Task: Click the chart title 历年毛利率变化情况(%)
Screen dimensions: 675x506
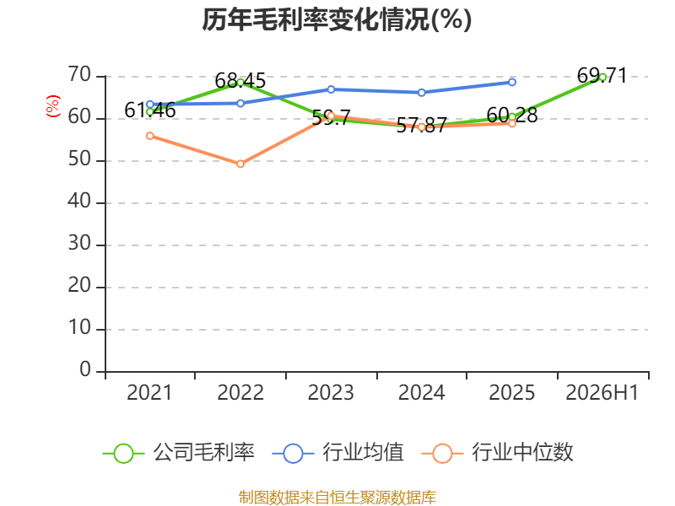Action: pos(337,19)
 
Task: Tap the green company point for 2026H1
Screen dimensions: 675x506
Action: pos(602,78)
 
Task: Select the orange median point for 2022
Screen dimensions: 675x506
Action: pos(240,164)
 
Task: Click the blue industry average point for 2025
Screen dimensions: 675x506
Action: pos(512,82)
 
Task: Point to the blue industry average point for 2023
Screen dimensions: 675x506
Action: pos(331,89)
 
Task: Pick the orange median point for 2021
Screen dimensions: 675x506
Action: pos(150,136)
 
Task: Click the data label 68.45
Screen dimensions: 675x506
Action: pos(240,81)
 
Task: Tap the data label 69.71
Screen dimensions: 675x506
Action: pos(602,76)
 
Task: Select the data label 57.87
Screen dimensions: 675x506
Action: pos(421,125)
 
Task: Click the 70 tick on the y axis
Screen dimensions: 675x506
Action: pos(79,75)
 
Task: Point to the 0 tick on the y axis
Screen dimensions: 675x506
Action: pos(85,369)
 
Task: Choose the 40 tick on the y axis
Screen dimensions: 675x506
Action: pos(79,202)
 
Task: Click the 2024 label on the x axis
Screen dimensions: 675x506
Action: pos(421,392)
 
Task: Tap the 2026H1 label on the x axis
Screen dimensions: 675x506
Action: pos(602,392)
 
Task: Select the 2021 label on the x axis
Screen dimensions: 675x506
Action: pos(149,392)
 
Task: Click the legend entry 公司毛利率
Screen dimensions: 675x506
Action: pos(179,453)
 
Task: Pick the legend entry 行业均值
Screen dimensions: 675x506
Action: pos(338,453)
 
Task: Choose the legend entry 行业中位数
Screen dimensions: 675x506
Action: pos(498,453)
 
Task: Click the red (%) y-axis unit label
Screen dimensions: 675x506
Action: pos(53,106)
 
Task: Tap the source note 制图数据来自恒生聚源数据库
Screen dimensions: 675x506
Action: pos(337,498)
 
